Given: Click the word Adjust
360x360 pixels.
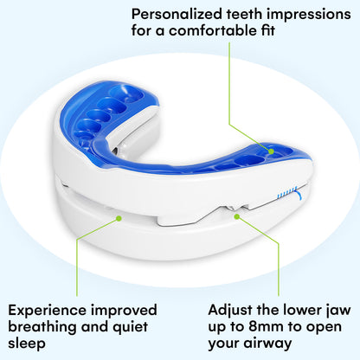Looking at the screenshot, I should click(x=233, y=310).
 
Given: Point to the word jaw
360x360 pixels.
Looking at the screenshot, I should click(x=338, y=310).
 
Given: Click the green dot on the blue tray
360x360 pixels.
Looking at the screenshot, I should click(x=271, y=151).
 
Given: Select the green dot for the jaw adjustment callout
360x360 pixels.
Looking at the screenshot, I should click(x=238, y=218).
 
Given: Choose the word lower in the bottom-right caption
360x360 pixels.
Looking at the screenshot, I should click(x=301, y=310).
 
